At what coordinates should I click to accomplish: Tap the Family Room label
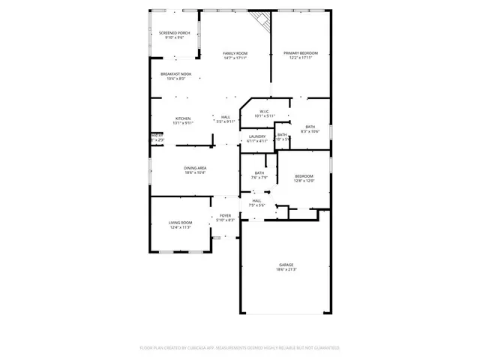[235, 53]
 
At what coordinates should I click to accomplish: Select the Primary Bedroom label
[301, 53]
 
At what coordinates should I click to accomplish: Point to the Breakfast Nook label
[175, 73]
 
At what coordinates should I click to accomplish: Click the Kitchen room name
[183, 118]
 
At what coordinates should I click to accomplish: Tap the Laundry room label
[257, 136]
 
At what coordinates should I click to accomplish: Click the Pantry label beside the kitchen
[157, 136]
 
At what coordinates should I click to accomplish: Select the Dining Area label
[195, 168]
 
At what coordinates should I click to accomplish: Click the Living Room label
[179, 222]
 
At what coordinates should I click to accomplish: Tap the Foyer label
[225, 215]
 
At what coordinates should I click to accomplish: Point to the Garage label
[286, 265]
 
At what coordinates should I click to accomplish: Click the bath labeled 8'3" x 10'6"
[310, 127]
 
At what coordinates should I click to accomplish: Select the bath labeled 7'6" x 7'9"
[259, 173]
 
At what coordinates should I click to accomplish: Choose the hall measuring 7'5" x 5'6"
[256, 200]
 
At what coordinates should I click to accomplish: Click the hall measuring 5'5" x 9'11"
[225, 117]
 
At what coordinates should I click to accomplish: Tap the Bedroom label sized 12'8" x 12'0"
[304, 175]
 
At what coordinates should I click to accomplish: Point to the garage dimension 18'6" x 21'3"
[286, 270]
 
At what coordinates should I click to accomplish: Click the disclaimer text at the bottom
[240, 348]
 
